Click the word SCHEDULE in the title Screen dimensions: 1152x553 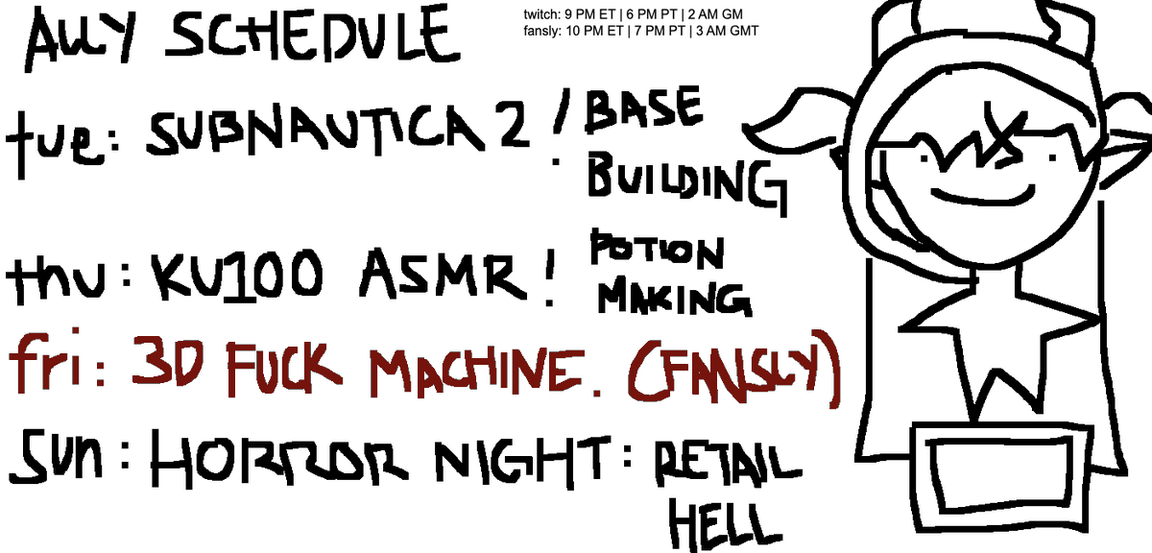point(313,34)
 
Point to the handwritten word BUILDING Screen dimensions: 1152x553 point(687,182)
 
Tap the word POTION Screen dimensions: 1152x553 point(658,250)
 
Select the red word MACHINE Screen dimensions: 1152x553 point(477,372)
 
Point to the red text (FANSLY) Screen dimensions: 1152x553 point(733,370)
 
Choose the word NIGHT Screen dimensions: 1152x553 point(523,462)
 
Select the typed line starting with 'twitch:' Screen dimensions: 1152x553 point(633,14)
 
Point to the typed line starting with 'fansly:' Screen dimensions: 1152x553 point(641,32)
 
